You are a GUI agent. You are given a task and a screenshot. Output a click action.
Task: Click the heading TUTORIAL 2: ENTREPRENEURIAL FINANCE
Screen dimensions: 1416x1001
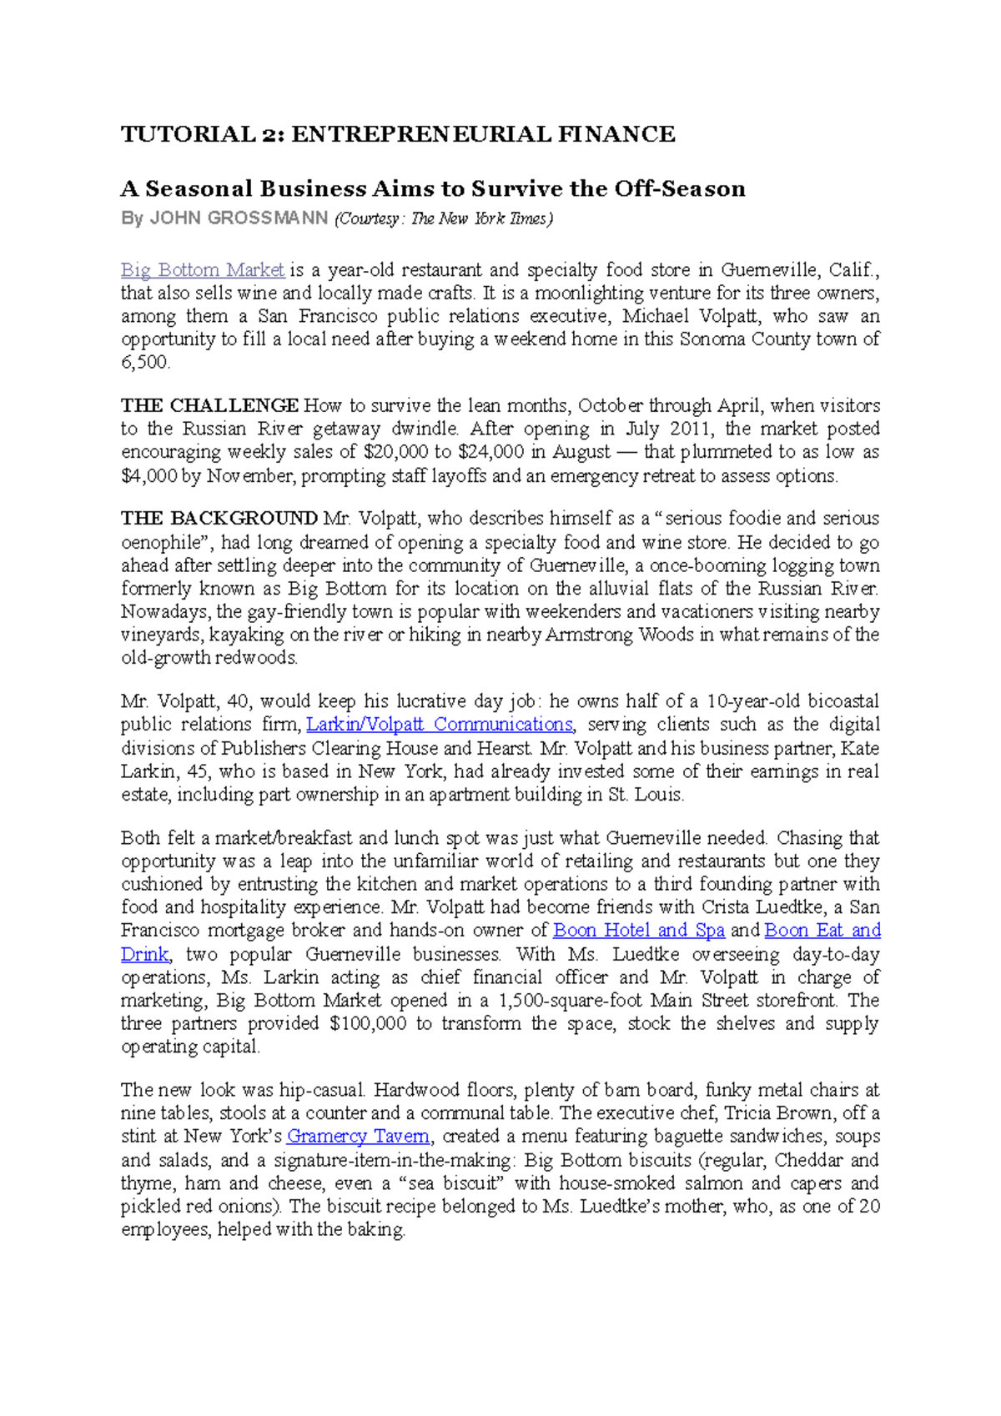point(398,134)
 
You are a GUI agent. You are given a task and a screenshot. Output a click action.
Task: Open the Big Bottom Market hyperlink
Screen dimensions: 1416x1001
point(203,270)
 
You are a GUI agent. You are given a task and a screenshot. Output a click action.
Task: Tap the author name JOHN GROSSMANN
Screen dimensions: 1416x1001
point(239,218)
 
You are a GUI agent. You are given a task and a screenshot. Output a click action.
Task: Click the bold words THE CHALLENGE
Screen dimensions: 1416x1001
point(209,406)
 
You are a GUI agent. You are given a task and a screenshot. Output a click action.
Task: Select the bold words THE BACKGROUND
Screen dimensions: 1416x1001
point(219,519)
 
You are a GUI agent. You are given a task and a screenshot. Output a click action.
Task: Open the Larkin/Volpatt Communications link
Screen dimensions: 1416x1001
point(440,725)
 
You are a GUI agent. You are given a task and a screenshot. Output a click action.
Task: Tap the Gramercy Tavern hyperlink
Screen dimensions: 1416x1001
point(358,1137)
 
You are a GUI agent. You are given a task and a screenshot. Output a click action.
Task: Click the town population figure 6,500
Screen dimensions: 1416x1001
point(145,363)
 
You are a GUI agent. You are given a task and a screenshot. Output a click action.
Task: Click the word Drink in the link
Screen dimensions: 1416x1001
point(144,954)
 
